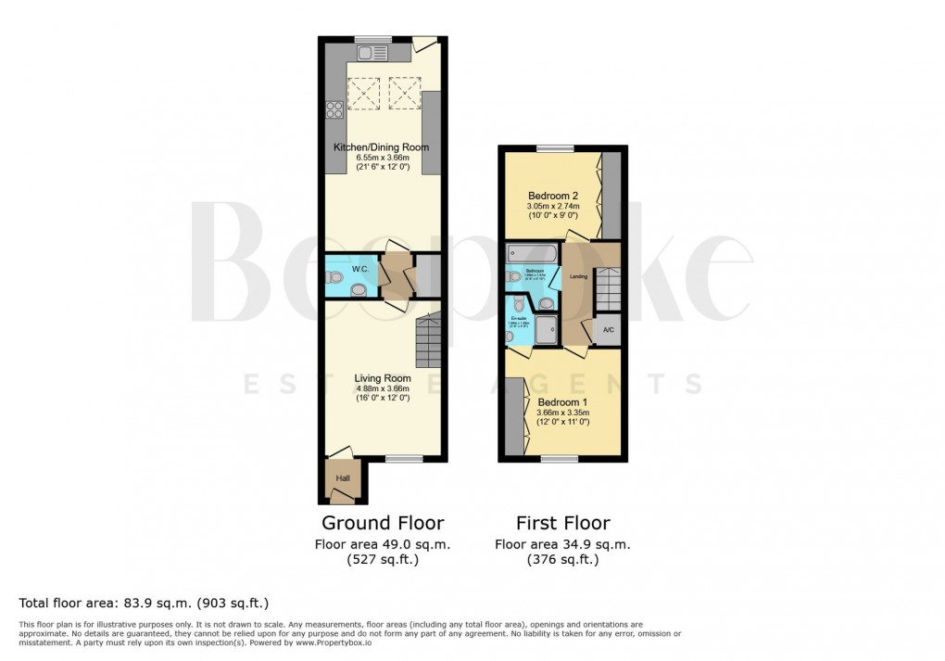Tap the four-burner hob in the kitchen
click(x=334, y=112)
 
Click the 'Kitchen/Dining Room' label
click(x=381, y=147)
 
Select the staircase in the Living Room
click(x=429, y=339)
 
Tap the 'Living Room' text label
click(x=383, y=378)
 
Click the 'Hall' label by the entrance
click(x=343, y=477)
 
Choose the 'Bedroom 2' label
click(x=553, y=196)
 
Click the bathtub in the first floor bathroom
click(x=532, y=252)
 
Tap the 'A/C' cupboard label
click(x=608, y=330)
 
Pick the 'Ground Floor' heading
click(x=382, y=523)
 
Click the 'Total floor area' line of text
click(x=144, y=604)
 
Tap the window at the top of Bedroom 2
click(x=555, y=148)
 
